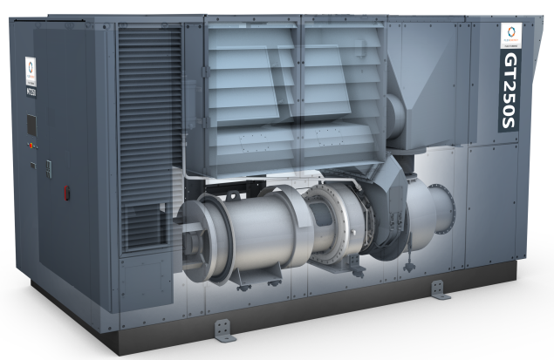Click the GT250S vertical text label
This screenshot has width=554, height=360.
[511, 92]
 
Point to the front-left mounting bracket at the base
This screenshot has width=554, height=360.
[225, 329]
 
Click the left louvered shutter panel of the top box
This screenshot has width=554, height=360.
[252, 87]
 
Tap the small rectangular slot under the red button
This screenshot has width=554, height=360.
[31, 164]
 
